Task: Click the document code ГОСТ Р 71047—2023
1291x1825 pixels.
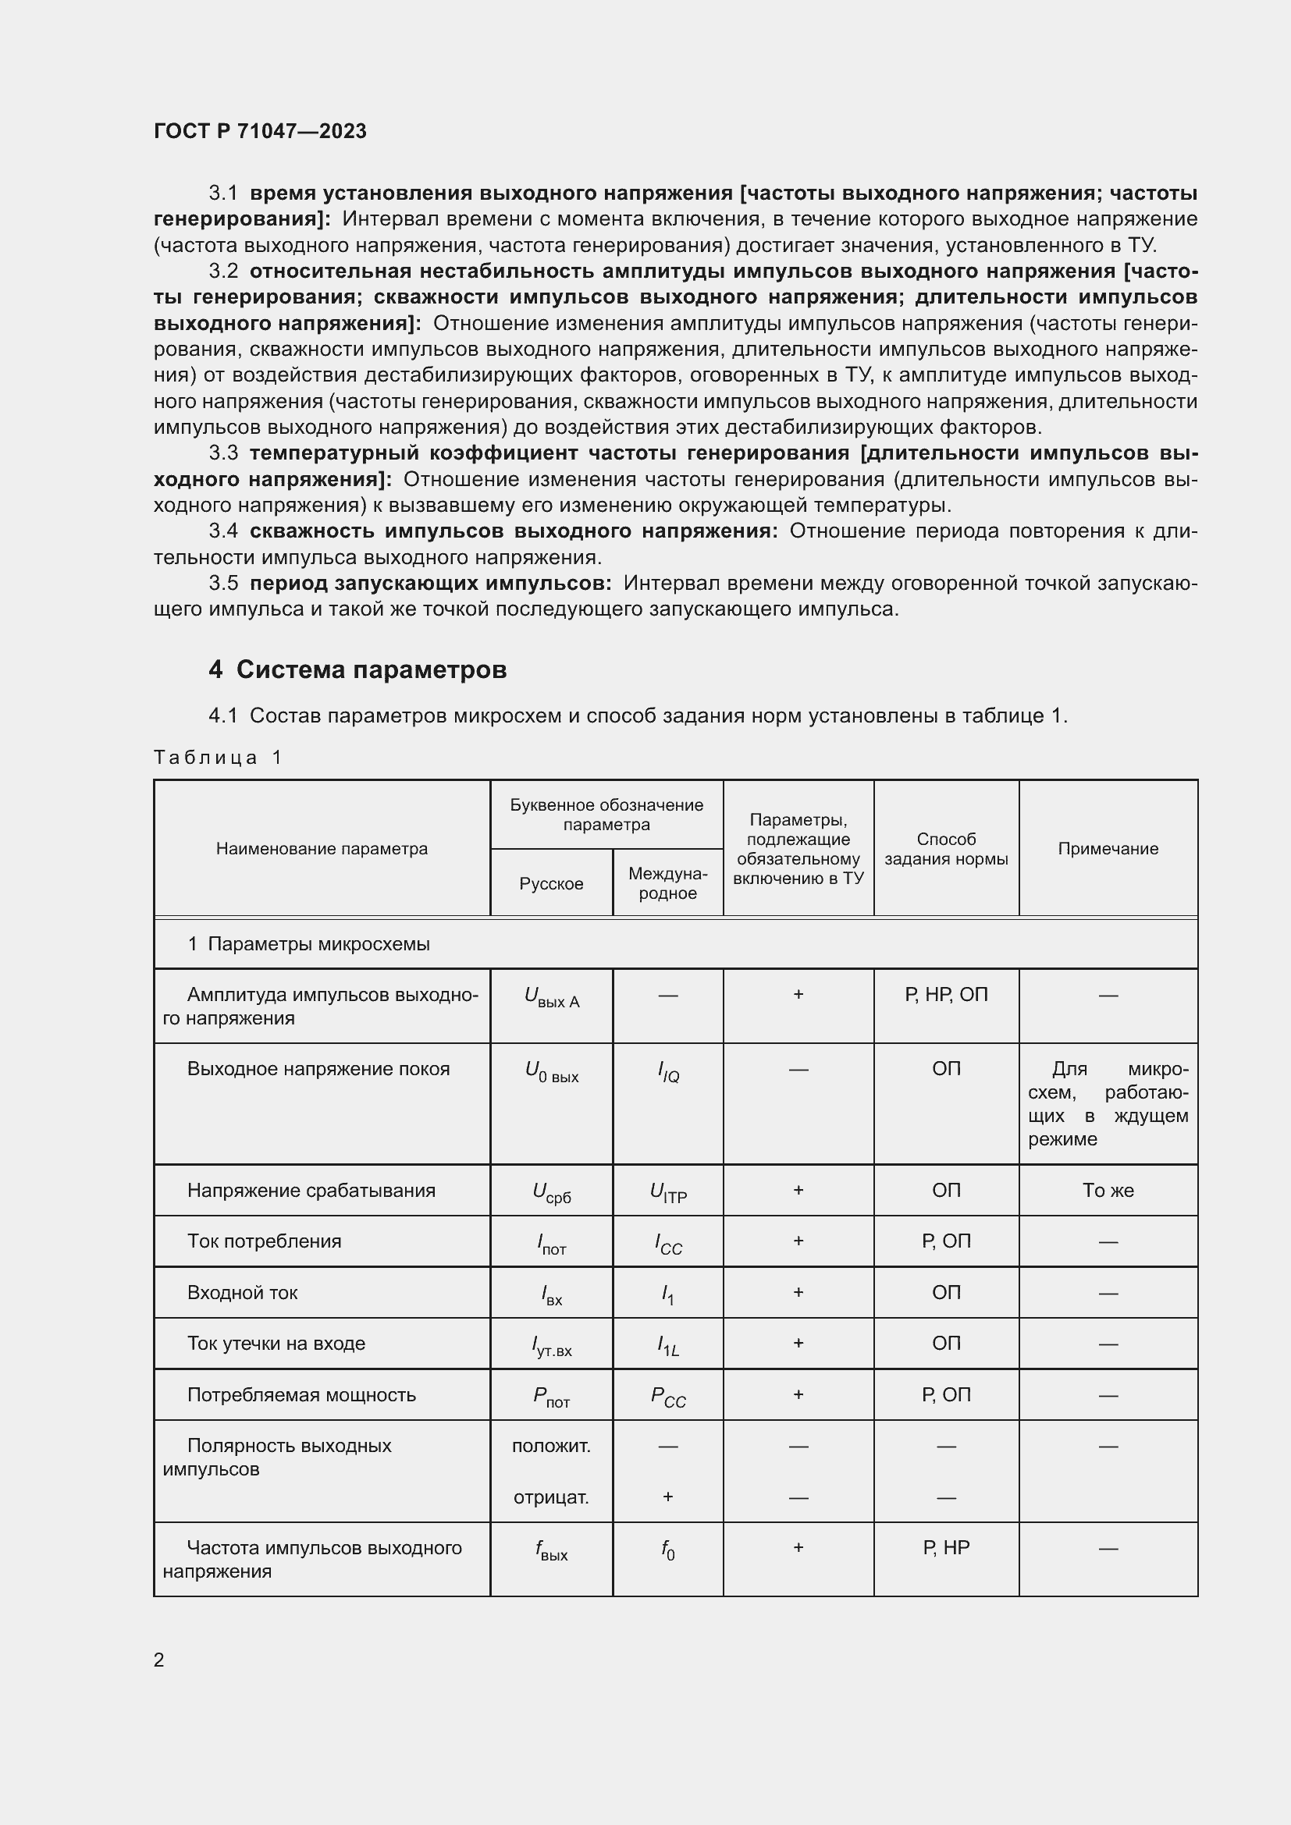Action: [260, 131]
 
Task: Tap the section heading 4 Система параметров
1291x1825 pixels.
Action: [357, 669]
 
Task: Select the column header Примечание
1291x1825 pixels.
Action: [1108, 848]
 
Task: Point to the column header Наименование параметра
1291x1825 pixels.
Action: [321, 848]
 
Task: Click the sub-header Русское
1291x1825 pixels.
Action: [551, 883]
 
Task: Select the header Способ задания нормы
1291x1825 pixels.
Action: [945, 848]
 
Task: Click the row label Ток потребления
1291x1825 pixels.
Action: [264, 1241]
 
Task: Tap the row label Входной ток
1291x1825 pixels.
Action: [242, 1292]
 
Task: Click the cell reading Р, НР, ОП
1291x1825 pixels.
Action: [945, 994]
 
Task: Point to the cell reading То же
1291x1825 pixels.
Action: [1108, 1190]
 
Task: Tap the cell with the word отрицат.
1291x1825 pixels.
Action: [551, 1497]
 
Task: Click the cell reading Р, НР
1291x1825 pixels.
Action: [945, 1547]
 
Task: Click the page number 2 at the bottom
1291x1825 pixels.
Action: [159, 1660]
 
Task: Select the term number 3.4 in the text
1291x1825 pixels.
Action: [223, 531]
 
